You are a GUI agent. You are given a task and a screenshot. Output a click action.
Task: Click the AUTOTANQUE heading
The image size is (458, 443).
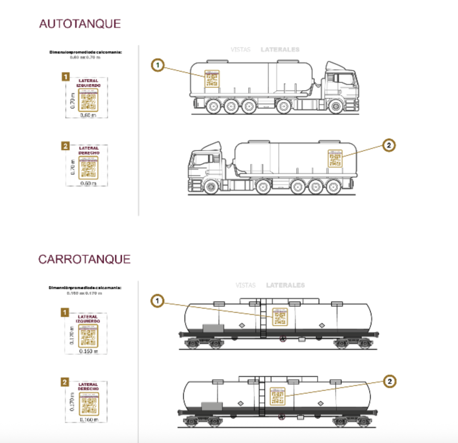[x=80, y=24]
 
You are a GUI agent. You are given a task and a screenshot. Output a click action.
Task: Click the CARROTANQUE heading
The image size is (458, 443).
[x=84, y=259]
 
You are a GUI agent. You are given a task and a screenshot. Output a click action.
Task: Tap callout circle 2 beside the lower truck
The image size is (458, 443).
[x=389, y=145]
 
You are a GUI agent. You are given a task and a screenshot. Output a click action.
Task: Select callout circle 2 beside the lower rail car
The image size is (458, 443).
[x=390, y=381]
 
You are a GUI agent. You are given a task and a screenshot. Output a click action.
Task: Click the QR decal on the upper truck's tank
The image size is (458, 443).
[x=212, y=79]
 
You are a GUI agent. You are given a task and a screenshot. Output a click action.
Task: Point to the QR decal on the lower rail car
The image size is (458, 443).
[x=277, y=396]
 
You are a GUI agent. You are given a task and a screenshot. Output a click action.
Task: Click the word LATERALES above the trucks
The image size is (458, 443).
[x=280, y=50]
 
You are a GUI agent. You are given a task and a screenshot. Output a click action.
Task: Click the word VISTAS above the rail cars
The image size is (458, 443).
[x=245, y=285]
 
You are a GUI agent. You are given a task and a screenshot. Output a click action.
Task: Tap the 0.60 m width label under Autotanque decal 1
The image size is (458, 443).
[x=88, y=115]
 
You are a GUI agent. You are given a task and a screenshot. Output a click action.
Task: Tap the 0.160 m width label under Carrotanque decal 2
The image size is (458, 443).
[x=88, y=420]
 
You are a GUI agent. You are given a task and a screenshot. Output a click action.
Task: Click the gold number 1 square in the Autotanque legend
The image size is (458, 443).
[x=65, y=77]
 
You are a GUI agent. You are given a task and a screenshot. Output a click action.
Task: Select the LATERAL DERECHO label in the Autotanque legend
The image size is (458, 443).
[x=89, y=150]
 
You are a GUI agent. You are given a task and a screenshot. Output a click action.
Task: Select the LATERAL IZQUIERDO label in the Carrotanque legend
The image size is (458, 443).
[x=89, y=319]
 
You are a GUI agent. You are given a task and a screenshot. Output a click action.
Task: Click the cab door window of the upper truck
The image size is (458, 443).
[x=345, y=79]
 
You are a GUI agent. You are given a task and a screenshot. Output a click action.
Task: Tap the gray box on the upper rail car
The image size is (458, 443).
[x=213, y=328]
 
